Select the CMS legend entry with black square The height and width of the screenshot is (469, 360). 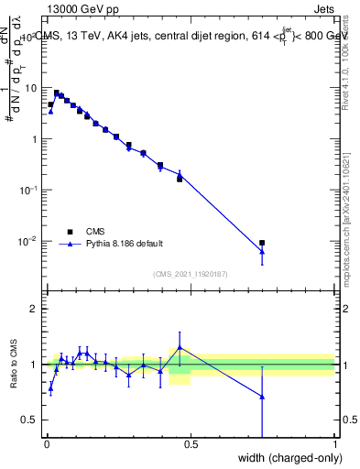click(x=69, y=231)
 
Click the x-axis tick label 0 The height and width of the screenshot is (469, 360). click(x=47, y=445)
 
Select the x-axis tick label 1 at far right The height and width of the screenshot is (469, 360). click(x=335, y=445)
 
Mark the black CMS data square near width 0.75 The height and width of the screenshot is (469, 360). click(x=263, y=243)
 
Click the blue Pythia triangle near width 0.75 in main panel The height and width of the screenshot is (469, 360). click(x=263, y=252)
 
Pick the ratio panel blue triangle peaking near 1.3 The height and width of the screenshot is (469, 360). click(x=180, y=347)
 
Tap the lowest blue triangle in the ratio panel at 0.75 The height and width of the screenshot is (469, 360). click(x=263, y=397)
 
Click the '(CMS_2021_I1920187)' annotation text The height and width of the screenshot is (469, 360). click(x=191, y=273)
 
